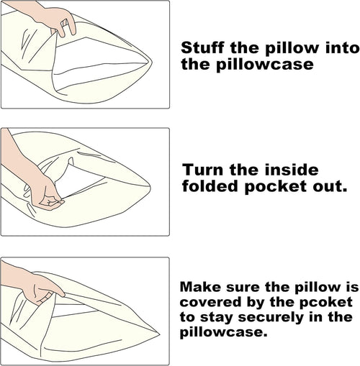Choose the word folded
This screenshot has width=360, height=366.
(210, 186)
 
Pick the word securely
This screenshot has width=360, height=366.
(271, 318)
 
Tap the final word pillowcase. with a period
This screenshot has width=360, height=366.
(224, 333)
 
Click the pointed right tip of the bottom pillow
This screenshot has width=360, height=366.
(160, 334)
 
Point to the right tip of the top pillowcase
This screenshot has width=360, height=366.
(152, 63)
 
